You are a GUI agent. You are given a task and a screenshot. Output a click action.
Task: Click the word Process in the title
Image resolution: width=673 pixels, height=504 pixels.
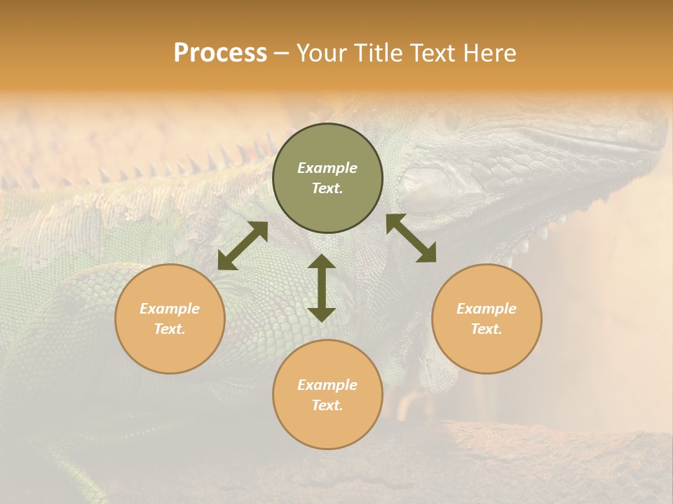(x=220, y=53)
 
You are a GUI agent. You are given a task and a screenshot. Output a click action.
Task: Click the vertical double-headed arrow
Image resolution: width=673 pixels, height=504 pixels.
(x=322, y=288)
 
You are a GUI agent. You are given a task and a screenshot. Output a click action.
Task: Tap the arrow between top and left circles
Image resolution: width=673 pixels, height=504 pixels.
(x=243, y=246)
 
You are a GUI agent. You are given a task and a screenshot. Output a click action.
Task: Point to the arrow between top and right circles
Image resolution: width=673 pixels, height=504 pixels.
(x=411, y=238)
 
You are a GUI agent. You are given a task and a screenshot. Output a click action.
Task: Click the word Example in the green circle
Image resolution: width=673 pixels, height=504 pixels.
(x=327, y=168)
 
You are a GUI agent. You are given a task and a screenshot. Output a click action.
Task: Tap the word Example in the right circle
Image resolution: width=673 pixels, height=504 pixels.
(x=487, y=309)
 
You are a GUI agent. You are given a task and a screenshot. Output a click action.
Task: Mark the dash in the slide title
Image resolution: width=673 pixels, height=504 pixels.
(x=282, y=53)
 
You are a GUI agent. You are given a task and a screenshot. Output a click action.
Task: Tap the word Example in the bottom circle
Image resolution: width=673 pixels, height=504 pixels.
(x=327, y=385)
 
